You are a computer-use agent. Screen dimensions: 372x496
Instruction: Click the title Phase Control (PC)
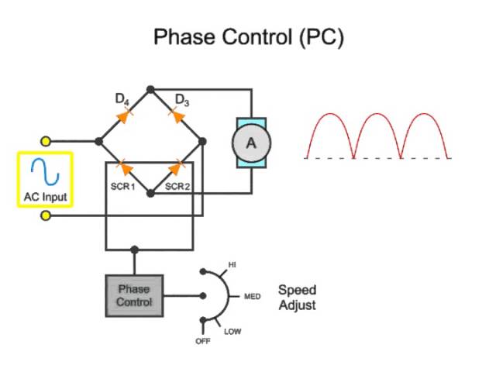pyautogui.click(x=247, y=36)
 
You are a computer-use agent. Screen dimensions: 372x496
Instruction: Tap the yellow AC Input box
pyautogui.click(x=44, y=179)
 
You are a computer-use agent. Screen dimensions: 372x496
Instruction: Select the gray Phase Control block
pyautogui.click(x=134, y=295)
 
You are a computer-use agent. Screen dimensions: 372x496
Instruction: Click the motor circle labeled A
pyautogui.click(x=250, y=143)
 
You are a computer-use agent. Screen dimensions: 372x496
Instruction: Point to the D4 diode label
pyautogui.click(x=122, y=98)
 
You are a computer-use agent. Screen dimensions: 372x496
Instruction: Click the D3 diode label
pyautogui.click(x=182, y=99)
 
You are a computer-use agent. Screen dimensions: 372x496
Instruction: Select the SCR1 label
pyautogui.click(x=122, y=186)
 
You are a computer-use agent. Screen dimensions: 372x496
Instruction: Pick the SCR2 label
pyautogui.click(x=177, y=186)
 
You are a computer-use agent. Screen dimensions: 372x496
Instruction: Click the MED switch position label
pyautogui.click(x=252, y=297)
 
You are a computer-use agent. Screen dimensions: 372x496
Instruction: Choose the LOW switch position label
pyautogui.click(x=232, y=332)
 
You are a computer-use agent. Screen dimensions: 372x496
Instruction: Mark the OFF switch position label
pyautogui.click(x=202, y=341)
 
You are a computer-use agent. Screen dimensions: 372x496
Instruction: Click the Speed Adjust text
pyautogui.click(x=297, y=298)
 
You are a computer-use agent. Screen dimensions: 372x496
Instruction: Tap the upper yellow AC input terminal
pyautogui.click(x=46, y=142)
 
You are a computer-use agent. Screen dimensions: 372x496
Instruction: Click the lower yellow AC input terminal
pyautogui.click(x=46, y=216)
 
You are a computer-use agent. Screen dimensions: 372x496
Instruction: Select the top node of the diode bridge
pyautogui.click(x=150, y=89)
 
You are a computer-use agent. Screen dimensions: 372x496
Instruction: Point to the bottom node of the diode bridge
pyautogui.click(x=150, y=193)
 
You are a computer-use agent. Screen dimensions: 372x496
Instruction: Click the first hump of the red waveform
pyautogui.click(x=329, y=128)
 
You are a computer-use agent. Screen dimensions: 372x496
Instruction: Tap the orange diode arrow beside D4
pyautogui.click(x=122, y=116)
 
